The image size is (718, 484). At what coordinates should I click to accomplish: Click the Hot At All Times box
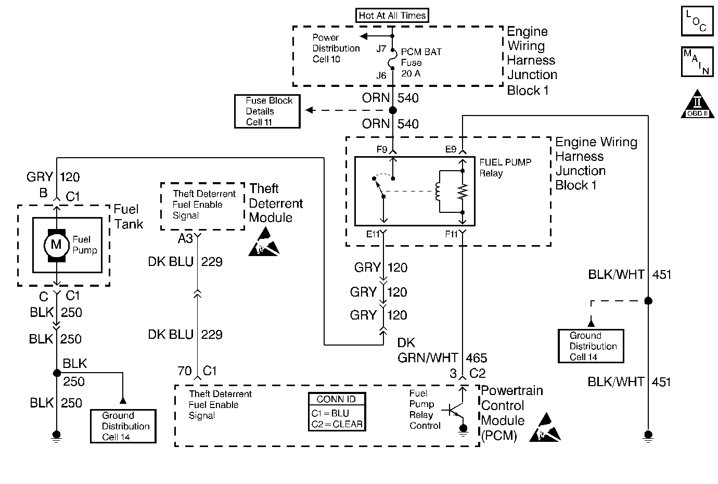392,15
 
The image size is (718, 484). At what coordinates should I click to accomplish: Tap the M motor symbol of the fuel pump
56,245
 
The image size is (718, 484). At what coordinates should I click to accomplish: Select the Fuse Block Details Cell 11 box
267,111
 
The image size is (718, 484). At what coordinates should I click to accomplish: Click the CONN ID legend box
336,412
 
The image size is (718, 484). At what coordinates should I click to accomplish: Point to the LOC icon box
697,21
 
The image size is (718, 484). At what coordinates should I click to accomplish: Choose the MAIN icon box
697,62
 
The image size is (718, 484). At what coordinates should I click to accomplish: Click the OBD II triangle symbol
697,105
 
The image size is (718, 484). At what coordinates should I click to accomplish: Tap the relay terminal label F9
382,149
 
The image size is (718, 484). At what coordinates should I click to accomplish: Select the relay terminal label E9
451,149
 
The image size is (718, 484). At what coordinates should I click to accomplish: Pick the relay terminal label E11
373,234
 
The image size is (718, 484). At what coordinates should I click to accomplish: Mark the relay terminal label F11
451,234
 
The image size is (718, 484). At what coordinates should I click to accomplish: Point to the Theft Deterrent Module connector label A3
185,238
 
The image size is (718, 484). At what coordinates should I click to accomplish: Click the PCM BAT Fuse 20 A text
421,62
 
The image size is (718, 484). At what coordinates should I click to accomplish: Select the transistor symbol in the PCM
454,410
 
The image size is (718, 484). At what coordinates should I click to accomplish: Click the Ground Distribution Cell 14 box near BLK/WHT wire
590,346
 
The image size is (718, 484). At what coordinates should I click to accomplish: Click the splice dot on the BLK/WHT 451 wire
648,301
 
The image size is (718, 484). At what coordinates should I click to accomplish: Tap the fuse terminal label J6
381,75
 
